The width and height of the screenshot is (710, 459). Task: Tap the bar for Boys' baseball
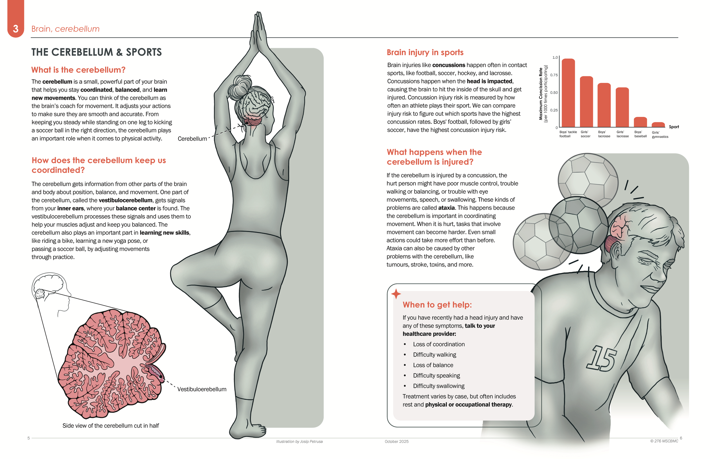coord(640,122)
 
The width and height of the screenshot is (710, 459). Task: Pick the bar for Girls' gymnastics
coord(658,125)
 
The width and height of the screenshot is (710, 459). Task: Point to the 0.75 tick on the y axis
coord(554,75)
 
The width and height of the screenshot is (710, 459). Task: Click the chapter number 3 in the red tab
coord(16,29)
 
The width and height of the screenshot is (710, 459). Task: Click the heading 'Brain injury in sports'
coord(425,52)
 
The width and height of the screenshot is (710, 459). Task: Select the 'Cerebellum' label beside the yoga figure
coord(192,139)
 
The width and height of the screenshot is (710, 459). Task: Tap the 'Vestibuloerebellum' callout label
coord(202,389)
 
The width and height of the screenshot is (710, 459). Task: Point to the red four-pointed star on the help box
coord(396,294)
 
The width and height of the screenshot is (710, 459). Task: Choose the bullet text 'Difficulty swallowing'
coord(438,386)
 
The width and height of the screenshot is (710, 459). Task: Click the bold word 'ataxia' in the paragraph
coord(446,208)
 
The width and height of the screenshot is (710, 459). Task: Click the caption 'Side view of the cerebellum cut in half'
coord(111,426)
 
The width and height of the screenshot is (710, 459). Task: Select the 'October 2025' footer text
coord(396,441)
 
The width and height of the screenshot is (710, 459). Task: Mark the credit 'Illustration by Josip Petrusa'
coord(299,441)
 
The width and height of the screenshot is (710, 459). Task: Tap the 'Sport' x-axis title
coord(674,127)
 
